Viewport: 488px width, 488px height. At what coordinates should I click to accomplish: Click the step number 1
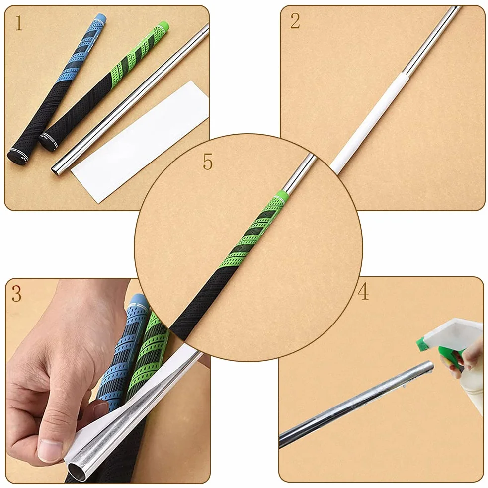point(19,23)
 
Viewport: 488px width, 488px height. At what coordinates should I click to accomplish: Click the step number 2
point(295,21)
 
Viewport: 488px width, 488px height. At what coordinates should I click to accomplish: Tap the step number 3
point(16,294)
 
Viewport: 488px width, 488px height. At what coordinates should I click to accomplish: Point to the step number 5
point(208,162)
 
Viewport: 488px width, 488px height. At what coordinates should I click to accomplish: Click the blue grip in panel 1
point(56,87)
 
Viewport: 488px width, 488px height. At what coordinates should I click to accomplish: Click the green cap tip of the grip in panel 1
point(163,25)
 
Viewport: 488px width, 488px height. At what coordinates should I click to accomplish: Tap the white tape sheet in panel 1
point(140,142)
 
